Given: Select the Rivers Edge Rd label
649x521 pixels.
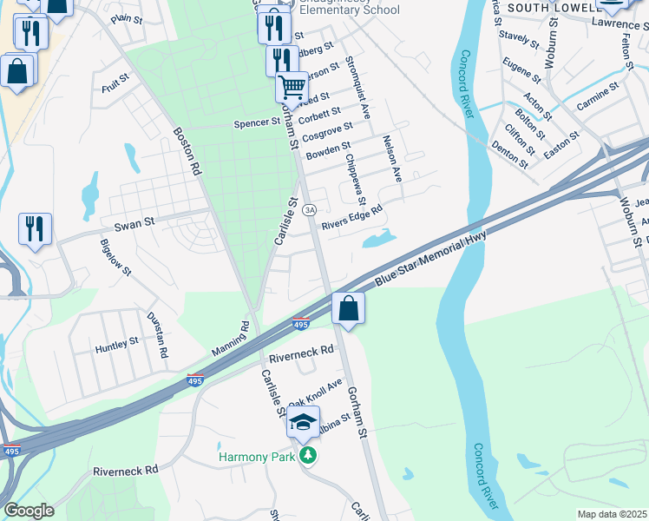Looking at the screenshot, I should click(x=351, y=217).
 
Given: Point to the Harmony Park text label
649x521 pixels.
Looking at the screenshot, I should click(x=258, y=457).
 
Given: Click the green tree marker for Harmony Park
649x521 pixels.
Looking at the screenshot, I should click(x=306, y=456).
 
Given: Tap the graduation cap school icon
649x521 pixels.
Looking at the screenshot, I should click(x=303, y=423).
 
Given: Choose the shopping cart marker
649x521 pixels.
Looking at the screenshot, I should click(x=292, y=87).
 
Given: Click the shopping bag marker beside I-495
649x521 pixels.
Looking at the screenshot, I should click(x=348, y=308).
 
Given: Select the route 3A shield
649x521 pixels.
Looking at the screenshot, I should click(x=309, y=210).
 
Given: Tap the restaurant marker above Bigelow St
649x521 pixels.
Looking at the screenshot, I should click(x=35, y=228).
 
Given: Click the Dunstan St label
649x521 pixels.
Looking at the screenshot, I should click(x=156, y=335).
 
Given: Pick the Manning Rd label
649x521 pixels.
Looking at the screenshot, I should click(x=230, y=340).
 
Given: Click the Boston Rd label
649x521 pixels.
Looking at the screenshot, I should click(x=187, y=152).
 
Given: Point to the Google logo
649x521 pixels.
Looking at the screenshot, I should click(x=29, y=511).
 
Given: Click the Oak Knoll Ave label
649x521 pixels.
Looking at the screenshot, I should click(x=316, y=392).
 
